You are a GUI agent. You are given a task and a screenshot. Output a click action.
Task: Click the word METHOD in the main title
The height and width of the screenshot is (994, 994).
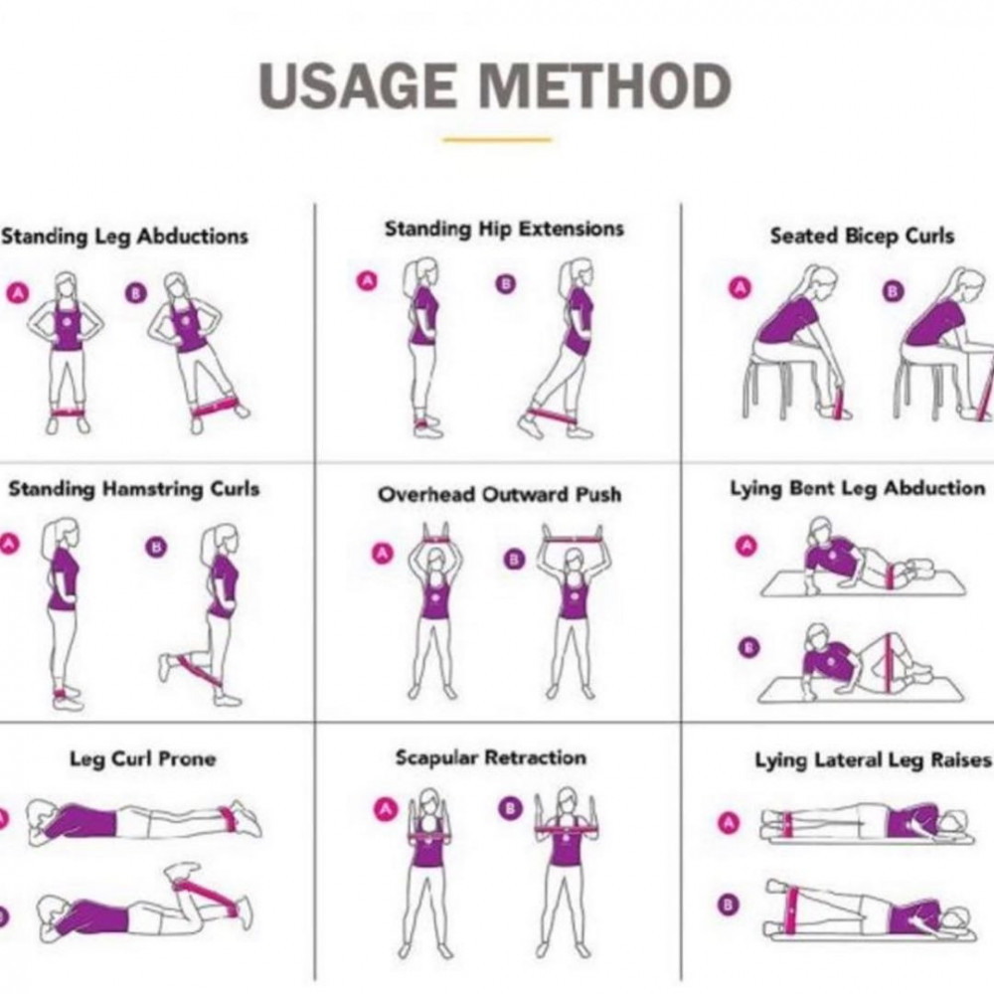[x=604, y=85]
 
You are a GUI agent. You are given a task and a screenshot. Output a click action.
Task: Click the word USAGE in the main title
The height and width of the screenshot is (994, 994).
[x=358, y=85]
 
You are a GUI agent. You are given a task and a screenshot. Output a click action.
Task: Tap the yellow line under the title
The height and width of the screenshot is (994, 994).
[x=497, y=139]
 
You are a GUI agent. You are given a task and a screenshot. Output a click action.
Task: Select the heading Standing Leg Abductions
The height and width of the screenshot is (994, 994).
[x=124, y=237]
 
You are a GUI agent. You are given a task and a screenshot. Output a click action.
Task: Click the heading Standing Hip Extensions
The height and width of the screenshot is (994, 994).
[x=504, y=230]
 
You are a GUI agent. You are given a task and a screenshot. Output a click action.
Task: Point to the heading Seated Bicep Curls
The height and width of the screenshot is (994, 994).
[x=862, y=237]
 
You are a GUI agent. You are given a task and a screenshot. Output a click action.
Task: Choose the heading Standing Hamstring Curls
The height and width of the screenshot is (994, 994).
[x=134, y=489]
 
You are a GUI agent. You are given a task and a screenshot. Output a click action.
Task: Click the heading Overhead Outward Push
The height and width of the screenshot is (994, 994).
[x=500, y=494]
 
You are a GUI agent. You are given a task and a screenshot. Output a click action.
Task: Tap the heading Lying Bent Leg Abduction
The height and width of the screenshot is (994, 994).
[x=858, y=489]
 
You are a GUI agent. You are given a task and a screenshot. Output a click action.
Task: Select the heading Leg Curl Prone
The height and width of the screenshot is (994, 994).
[x=142, y=758]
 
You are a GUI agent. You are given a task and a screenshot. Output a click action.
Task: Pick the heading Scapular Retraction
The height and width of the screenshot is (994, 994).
[x=491, y=757]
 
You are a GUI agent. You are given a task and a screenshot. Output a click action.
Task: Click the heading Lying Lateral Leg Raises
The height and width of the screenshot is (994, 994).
[x=873, y=760]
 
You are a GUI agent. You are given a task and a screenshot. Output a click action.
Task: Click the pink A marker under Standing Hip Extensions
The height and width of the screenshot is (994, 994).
[x=367, y=281]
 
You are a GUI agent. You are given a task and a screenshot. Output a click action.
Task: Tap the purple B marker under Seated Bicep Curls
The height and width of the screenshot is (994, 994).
[x=893, y=291]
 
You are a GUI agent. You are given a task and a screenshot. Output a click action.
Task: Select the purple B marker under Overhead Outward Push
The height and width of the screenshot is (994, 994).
[x=514, y=560]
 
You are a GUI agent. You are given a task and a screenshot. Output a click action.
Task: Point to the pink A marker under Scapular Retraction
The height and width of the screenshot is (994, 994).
[x=384, y=809]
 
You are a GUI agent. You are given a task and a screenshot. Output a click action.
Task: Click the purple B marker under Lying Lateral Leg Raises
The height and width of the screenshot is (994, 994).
[x=729, y=904]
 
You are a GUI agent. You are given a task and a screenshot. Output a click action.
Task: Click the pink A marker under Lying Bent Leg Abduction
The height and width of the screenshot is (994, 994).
[x=745, y=545]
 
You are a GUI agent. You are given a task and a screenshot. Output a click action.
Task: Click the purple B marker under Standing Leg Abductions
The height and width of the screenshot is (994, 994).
[x=135, y=293]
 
